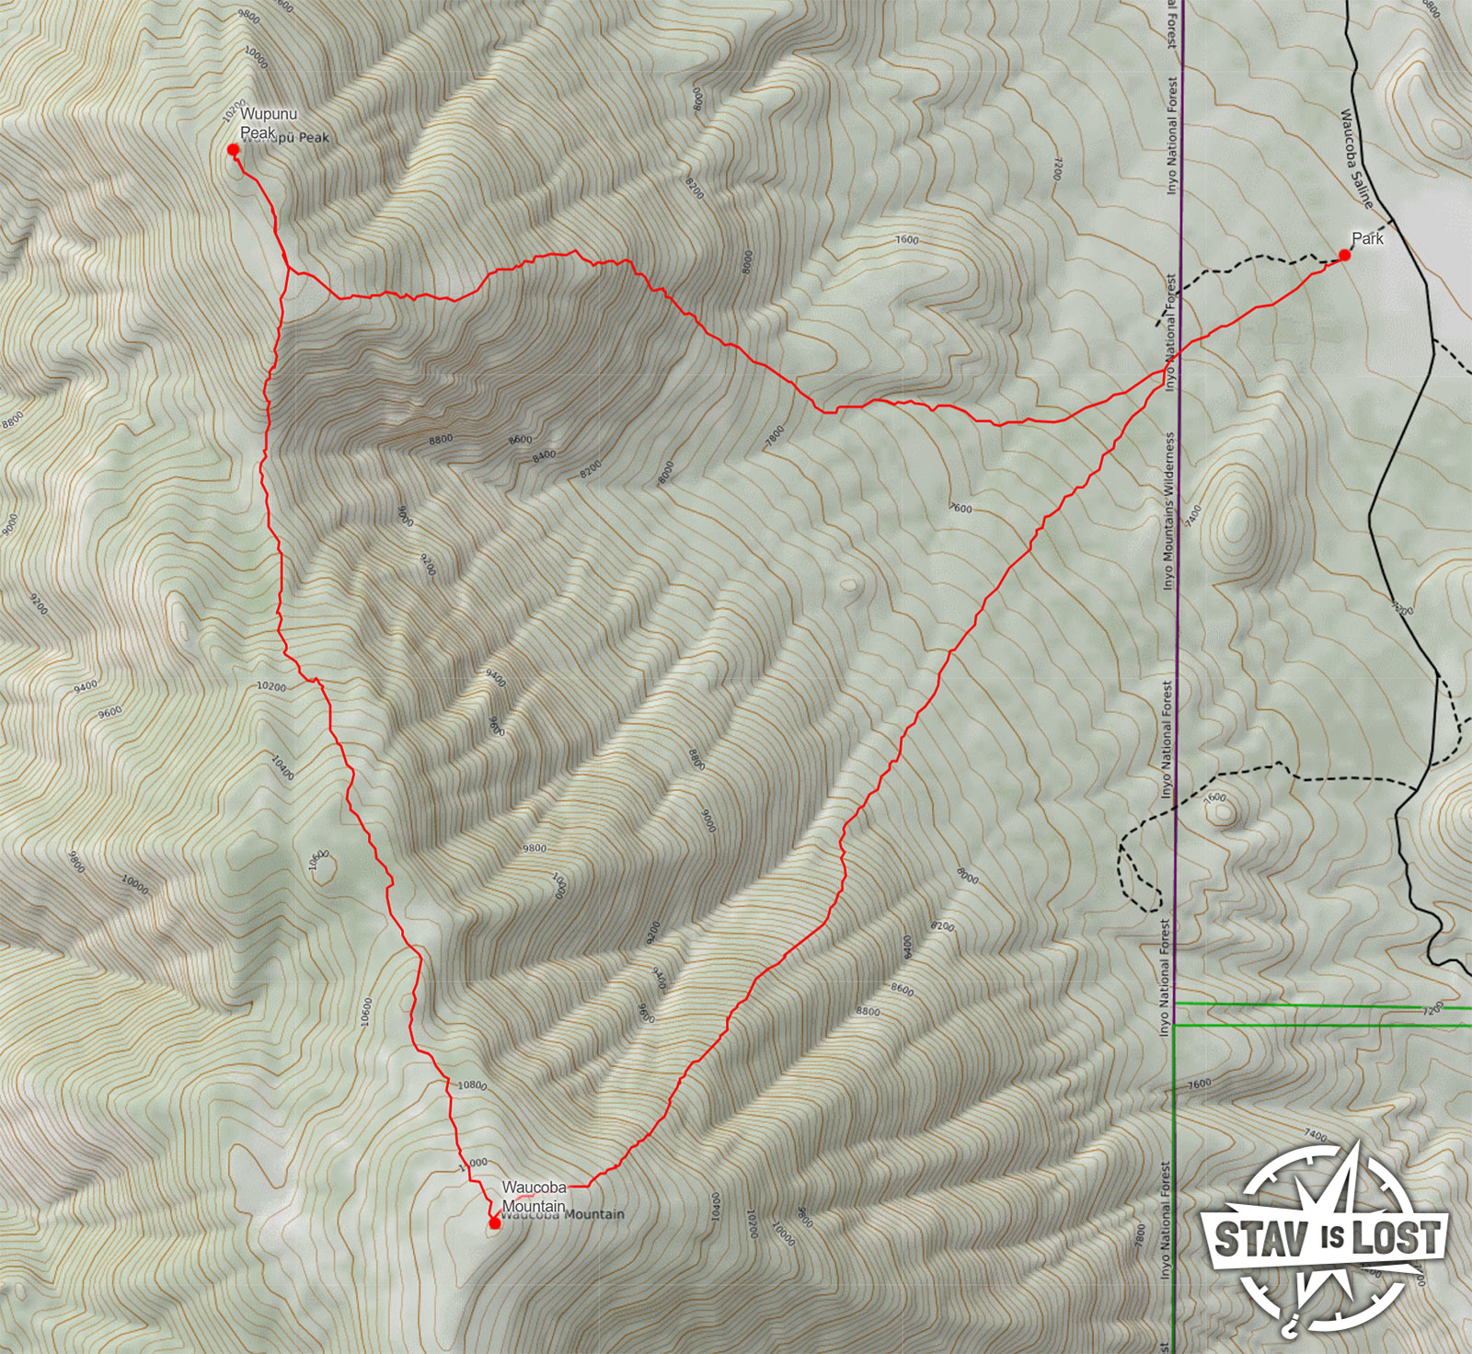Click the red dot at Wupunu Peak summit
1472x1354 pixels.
pyautogui.click(x=234, y=149)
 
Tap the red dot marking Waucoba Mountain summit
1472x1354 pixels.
pyautogui.click(x=494, y=1222)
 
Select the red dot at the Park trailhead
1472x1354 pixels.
pyautogui.click(x=1344, y=255)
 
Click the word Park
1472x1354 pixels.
pyautogui.click(x=1367, y=238)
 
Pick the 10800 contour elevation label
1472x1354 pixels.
pyautogui.click(x=471, y=1085)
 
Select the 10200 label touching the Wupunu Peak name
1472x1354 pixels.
pyautogui.click(x=236, y=107)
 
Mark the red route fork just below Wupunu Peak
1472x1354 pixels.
pyautogui.click(x=289, y=269)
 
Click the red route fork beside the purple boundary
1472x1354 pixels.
pyautogui.click(x=1157, y=372)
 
